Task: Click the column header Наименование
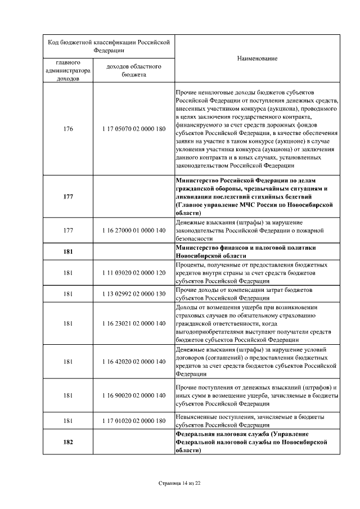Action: coord(257,58)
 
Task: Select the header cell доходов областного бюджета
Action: coord(134,70)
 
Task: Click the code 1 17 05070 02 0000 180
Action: coord(134,129)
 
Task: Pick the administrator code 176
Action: coord(68,129)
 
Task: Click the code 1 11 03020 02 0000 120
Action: coord(134,273)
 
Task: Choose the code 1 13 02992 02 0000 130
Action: coord(134,294)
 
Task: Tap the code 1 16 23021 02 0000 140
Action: coord(134,323)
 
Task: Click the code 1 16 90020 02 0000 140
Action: coord(134,395)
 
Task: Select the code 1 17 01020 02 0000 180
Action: coord(134,421)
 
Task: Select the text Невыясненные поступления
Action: coord(210,417)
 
